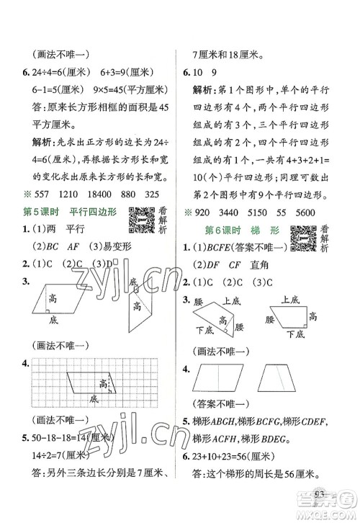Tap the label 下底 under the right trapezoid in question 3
coord(293,333)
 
